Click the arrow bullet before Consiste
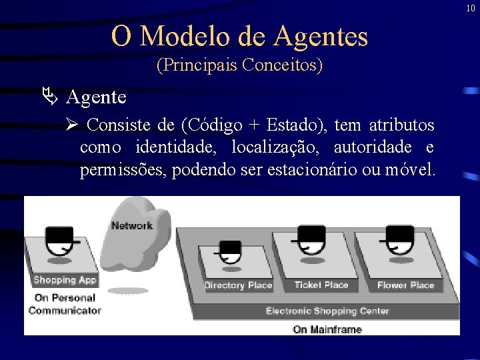coord(73,125)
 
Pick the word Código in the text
coord(214,125)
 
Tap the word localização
coord(276,147)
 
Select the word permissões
coord(123,170)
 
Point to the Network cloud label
coord(132,225)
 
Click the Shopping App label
coord(64,280)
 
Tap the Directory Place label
coord(238,285)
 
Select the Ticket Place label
coord(321,285)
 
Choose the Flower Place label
coord(405,285)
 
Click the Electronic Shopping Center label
coord(327,311)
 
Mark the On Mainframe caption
coord(327,329)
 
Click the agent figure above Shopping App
coord(59,243)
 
